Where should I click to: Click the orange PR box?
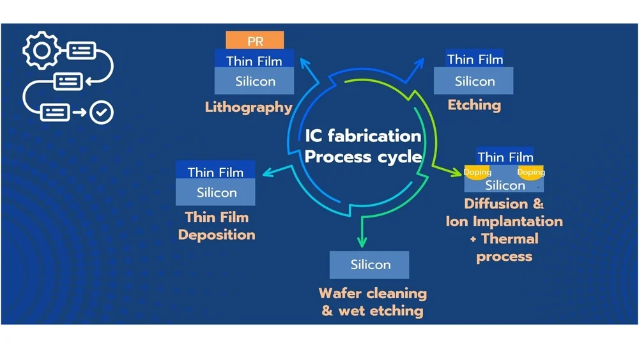tap(255, 40)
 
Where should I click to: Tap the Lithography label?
tap(249, 107)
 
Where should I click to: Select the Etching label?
tap(474, 106)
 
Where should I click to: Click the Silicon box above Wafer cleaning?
tap(369, 265)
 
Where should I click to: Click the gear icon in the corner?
tap(42, 51)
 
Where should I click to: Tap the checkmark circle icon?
tap(102, 112)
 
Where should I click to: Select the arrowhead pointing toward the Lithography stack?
tap(304, 63)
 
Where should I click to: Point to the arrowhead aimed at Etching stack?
tap(419, 63)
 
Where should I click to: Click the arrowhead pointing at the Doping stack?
tap(457, 173)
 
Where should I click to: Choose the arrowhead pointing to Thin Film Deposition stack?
tap(268, 173)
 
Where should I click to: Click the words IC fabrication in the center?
tap(363, 136)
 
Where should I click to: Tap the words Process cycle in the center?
tap(363, 157)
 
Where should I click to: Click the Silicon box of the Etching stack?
tap(473, 81)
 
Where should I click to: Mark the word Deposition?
tap(217, 235)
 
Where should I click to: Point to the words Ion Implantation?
tap(504, 221)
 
